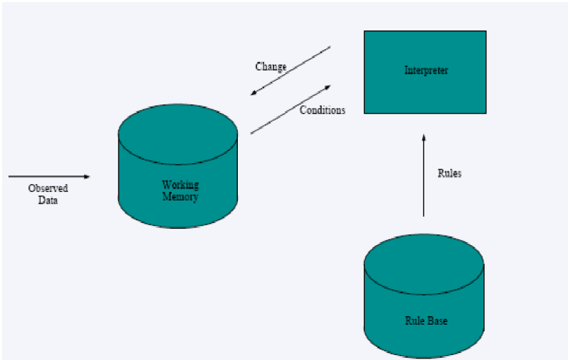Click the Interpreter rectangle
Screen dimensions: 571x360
coord(425,72)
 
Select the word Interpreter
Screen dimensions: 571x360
coord(426,71)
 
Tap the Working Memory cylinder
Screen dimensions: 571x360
coord(178,166)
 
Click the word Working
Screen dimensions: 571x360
coord(180,185)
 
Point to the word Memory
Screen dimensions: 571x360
coord(180,197)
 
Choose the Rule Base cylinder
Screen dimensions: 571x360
coord(424,296)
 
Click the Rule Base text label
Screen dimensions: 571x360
coord(426,320)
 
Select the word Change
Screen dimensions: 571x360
coord(271,67)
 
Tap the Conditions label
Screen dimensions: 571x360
coord(323,110)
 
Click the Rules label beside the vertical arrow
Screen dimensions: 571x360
coord(450,173)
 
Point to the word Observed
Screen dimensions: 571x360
coord(48,188)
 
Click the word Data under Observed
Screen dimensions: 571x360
coord(48,200)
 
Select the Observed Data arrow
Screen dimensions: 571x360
coord(49,176)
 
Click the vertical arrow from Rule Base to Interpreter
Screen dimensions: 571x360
coord(423,176)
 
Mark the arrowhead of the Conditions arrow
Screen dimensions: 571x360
coord(327,88)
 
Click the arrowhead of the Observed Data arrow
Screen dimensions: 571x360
coord(87,176)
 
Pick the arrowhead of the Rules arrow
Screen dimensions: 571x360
coord(423,138)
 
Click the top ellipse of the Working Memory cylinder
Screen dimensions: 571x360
coord(178,134)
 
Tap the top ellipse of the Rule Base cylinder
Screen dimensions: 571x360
coord(424,264)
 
